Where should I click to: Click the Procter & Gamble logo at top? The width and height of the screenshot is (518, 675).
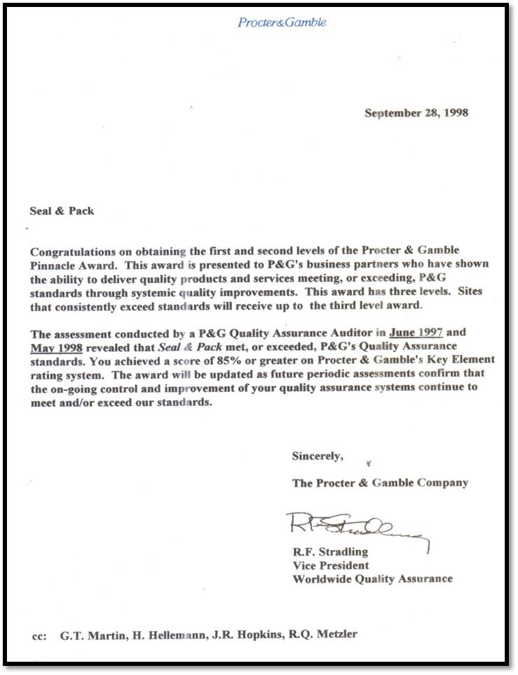(x=282, y=22)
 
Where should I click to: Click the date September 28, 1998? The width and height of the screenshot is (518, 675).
(x=416, y=113)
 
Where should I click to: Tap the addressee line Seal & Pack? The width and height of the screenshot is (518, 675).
(x=62, y=210)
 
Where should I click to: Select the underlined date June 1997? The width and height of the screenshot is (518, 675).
(x=416, y=333)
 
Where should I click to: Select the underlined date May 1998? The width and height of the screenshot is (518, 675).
(x=56, y=346)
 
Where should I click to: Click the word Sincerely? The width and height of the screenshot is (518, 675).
(x=318, y=456)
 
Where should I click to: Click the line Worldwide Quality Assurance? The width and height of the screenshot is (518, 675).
(x=372, y=579)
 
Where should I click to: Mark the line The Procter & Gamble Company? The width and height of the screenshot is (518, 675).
(x=380, y=483)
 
